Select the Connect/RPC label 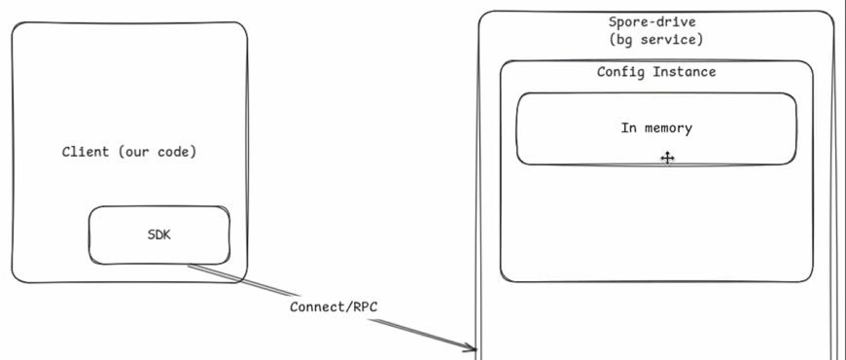pyautogui.click(x=334, y=306)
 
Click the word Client pyautogui.click(x=86, y=153)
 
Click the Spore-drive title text pyautogui.click(x=652, y=22)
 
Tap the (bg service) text pyautogui.click(x=652, y=40)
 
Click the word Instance pyautogui.click(x=684, y=72)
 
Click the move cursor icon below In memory pyautogui.click(x=667, y=158)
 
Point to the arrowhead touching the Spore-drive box pyautogui.click(x=473, y=346)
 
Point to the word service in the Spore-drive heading pyautogui.click(x=673, y=40)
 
